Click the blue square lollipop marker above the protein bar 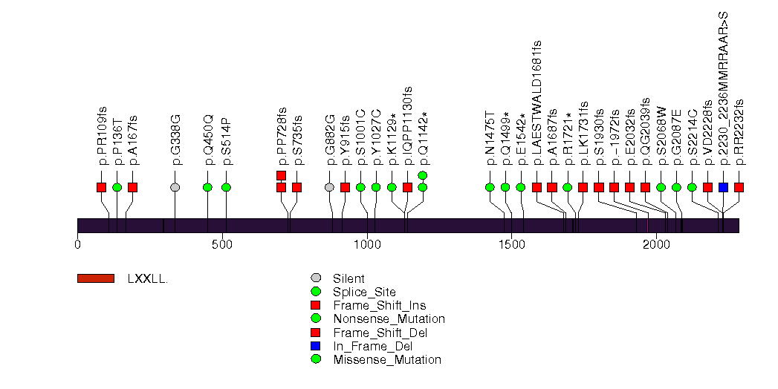(x=724, y=187)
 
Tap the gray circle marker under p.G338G (x=175, y=187)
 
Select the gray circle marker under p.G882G (x=329, y=187)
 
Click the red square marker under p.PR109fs (x=102, y=187)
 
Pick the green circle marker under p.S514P (x=226, y=187)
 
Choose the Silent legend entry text (x=349, y=278)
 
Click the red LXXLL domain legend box (x=96, y=278)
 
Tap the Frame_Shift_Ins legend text (x=379, y=305)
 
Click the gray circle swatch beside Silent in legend (x=317, y=278)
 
